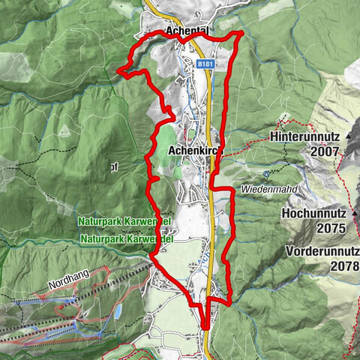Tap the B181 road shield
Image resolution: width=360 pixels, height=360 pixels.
(x=204, y=66)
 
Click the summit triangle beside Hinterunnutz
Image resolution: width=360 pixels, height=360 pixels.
(x=351, y=139)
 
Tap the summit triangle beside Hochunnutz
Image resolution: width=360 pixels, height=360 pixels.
(x=353, y=213)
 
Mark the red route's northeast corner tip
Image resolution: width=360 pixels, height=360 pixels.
(x=241, y=34)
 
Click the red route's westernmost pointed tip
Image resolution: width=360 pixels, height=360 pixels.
(x=118, y=70)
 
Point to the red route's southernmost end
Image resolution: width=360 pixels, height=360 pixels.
(x=205, y=327)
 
